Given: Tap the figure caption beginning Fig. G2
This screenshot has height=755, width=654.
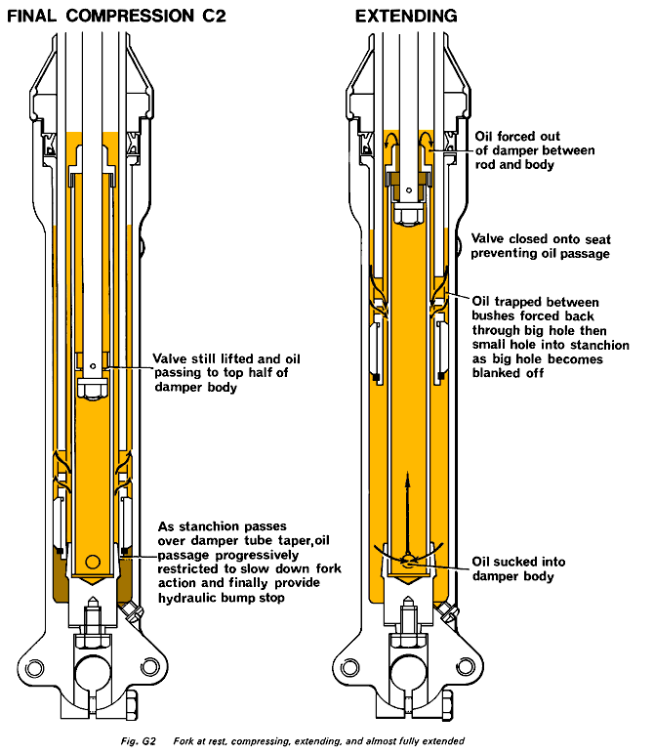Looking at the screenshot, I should (x=327, y=740).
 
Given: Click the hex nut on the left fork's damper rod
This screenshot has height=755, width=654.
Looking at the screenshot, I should (x=91, y=388).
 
